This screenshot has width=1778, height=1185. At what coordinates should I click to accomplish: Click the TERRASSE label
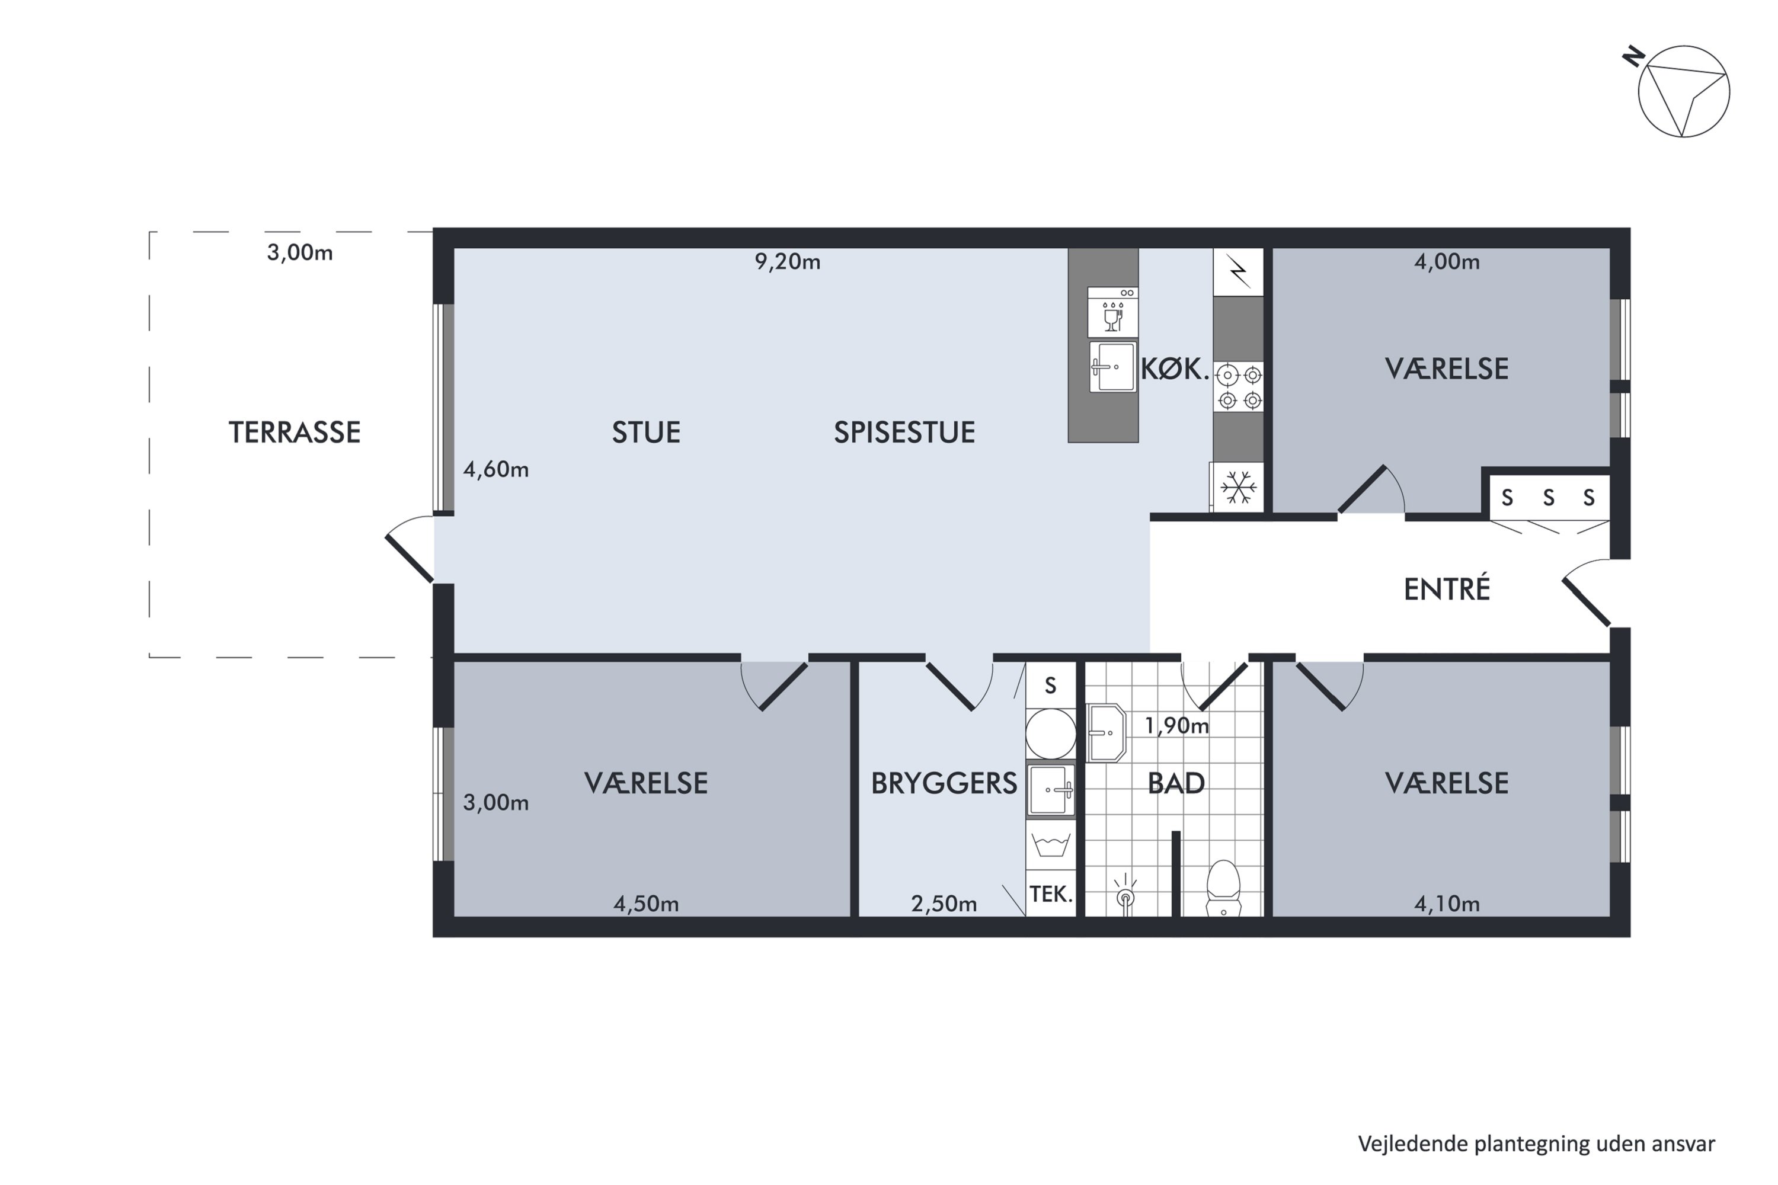pyautogui.click(x=294, y=433)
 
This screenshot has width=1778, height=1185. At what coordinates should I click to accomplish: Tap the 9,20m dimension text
pyautogui.click(x=788, y=261)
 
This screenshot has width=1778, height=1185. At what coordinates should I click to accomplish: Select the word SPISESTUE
pyautogui.click(x=904, y=433)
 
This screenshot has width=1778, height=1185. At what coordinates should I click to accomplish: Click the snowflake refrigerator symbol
pyautogui.click(x=1238, y=488)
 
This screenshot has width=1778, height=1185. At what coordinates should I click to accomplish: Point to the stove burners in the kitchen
pyautogui.click(x=1238, y=386)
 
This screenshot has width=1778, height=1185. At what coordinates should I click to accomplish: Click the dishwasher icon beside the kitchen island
pyautogui.click(x=1113, y=312)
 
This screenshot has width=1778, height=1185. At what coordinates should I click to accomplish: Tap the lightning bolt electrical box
pyautogui.click(x=1238, y=272)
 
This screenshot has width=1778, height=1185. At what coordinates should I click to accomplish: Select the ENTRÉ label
pyautogui.click(x=1447, y=590)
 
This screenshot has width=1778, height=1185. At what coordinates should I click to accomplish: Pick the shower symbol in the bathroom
pyautogui.click(x=1125, y=894)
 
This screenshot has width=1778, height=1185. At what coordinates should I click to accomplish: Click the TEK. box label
pyautogui.click(x=1051, y=895)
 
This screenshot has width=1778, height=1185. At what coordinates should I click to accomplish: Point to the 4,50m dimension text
pyautogui.click(x=647, y=904)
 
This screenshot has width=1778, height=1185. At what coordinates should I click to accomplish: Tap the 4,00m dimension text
pyautogui.click(x=1447, y=261)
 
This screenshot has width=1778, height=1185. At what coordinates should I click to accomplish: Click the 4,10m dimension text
pyautogui.click(x=1447, y=904)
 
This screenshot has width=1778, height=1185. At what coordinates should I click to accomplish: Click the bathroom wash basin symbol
pyautogui.click(x=1107, y=733)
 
